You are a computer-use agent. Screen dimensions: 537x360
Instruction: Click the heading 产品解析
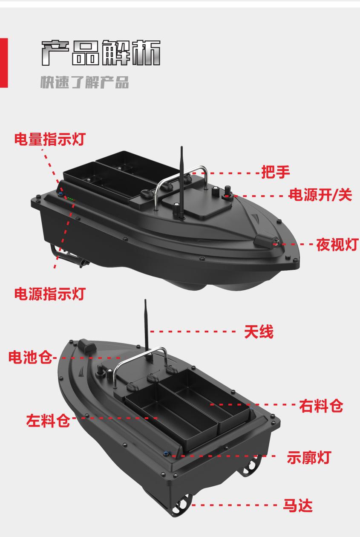point(101,54)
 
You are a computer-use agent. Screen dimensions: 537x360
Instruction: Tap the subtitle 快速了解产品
point(84,82)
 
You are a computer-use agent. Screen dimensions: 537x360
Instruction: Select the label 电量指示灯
point(49,139)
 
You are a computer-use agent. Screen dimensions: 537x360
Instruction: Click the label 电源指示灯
point(49,294)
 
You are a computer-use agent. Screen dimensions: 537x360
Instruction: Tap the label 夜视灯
point(337,244)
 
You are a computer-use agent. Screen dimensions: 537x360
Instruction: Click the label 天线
point(259,331)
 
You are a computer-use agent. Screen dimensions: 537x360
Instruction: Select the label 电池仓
point(30,357)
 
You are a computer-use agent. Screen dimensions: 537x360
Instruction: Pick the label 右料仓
point(321,405)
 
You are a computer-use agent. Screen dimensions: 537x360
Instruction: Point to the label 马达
point(298,505)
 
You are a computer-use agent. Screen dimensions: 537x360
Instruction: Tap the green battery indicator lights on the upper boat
point(70,199)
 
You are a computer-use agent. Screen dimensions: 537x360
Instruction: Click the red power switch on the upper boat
point(226,196)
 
